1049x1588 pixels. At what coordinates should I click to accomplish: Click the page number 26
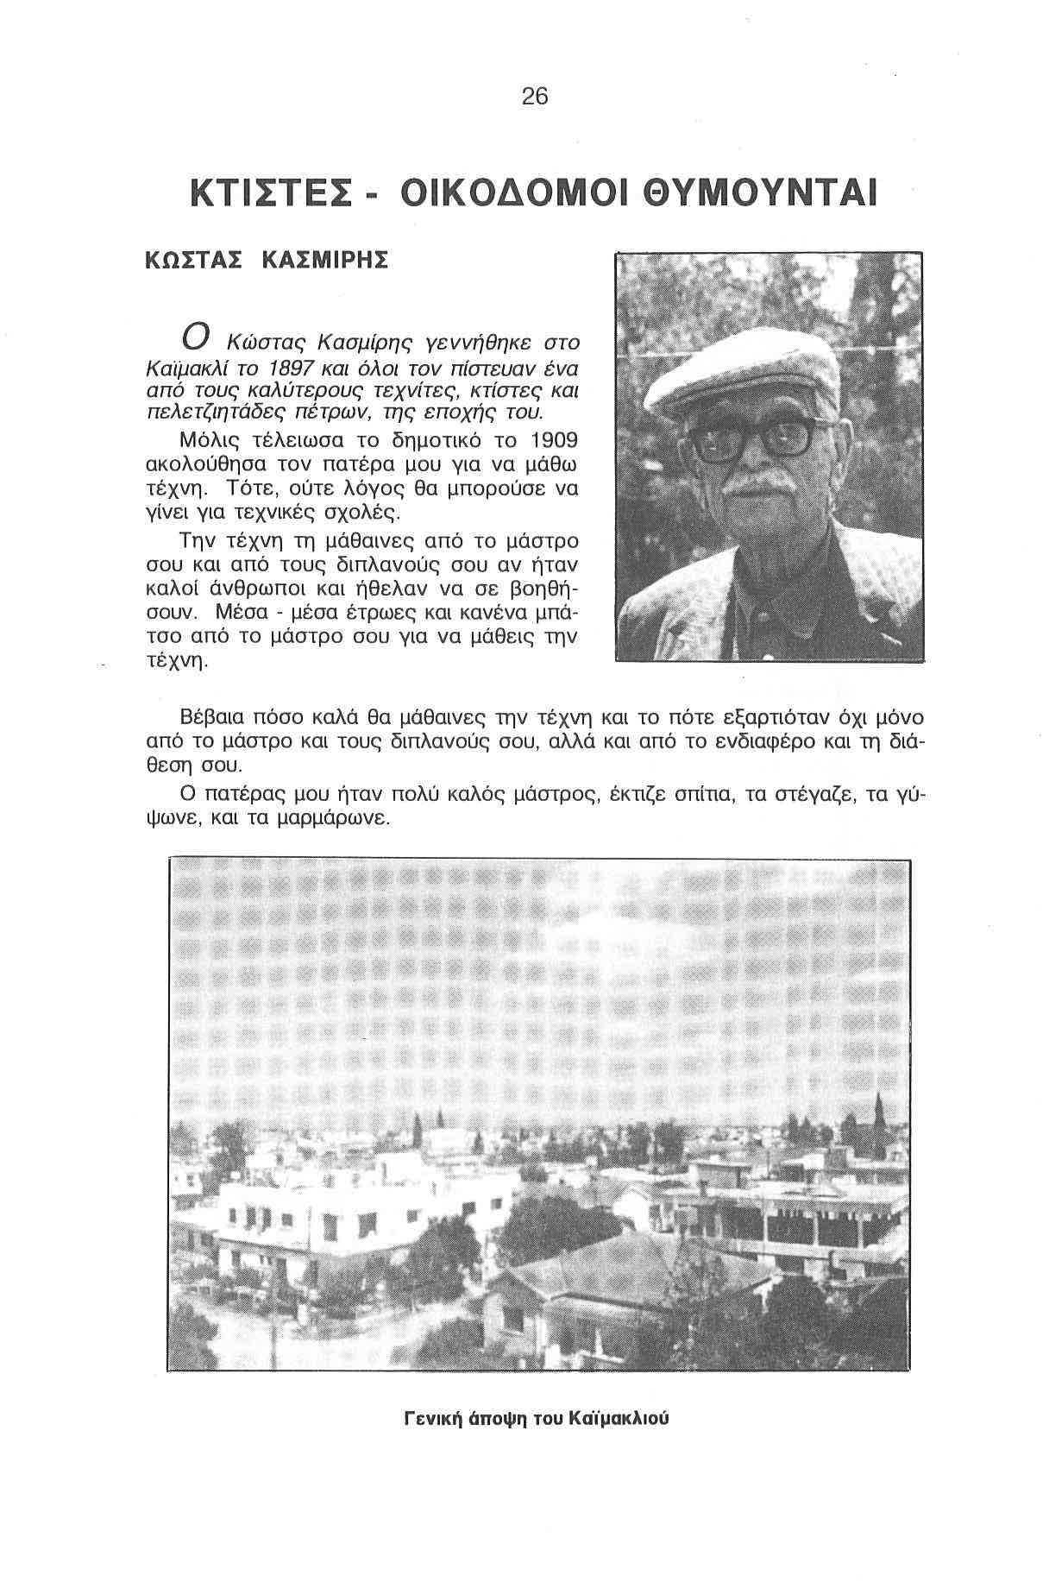click(x=535, y=97)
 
